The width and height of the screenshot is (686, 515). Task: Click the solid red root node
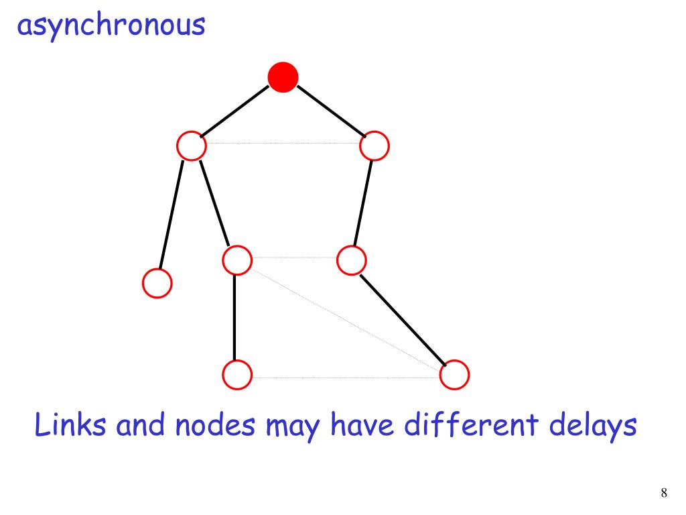283,77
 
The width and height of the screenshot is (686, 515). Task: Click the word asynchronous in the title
111,27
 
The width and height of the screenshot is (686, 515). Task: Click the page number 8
664,494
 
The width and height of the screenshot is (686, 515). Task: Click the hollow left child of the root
192,146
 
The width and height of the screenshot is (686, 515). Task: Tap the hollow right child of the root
374,146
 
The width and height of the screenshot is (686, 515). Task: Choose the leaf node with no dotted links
157,283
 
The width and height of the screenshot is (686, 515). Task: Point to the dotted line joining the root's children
283,143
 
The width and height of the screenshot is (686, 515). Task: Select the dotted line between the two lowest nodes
345,378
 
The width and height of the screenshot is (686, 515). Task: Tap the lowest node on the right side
455,374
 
